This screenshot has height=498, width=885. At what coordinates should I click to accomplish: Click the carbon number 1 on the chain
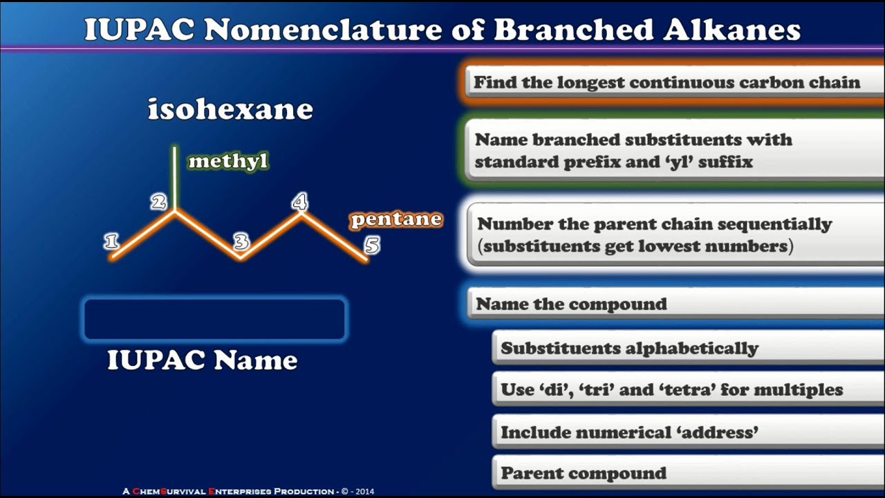coord(111,241)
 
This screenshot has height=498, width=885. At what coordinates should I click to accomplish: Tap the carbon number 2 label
coord(159,202)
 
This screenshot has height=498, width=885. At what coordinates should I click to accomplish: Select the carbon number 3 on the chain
coord(241,241)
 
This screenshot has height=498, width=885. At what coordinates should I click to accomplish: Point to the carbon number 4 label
coord(299,202)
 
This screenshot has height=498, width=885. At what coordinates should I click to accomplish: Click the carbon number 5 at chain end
coord(372,246)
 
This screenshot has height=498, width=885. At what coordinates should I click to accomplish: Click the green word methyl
coord(227,161)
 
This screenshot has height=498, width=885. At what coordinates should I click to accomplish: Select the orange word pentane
coord(395,219)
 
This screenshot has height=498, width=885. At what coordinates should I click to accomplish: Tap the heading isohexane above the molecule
coord(230,109)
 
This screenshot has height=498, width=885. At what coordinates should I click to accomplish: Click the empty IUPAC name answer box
coord(214,320)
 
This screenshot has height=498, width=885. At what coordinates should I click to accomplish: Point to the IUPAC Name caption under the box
coord(202,360)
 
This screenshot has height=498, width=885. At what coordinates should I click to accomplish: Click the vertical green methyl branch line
coord(175,177)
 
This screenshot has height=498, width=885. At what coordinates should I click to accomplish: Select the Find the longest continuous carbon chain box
coord(671,83)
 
